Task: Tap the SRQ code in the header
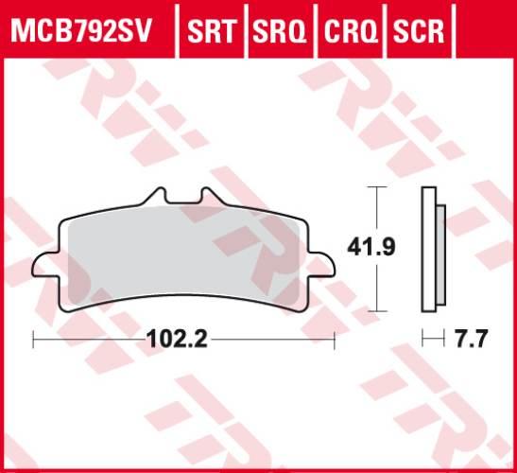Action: (x=281, y=31)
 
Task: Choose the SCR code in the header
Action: (x=417, y=31)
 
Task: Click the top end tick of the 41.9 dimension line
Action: (x=378, y=188)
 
